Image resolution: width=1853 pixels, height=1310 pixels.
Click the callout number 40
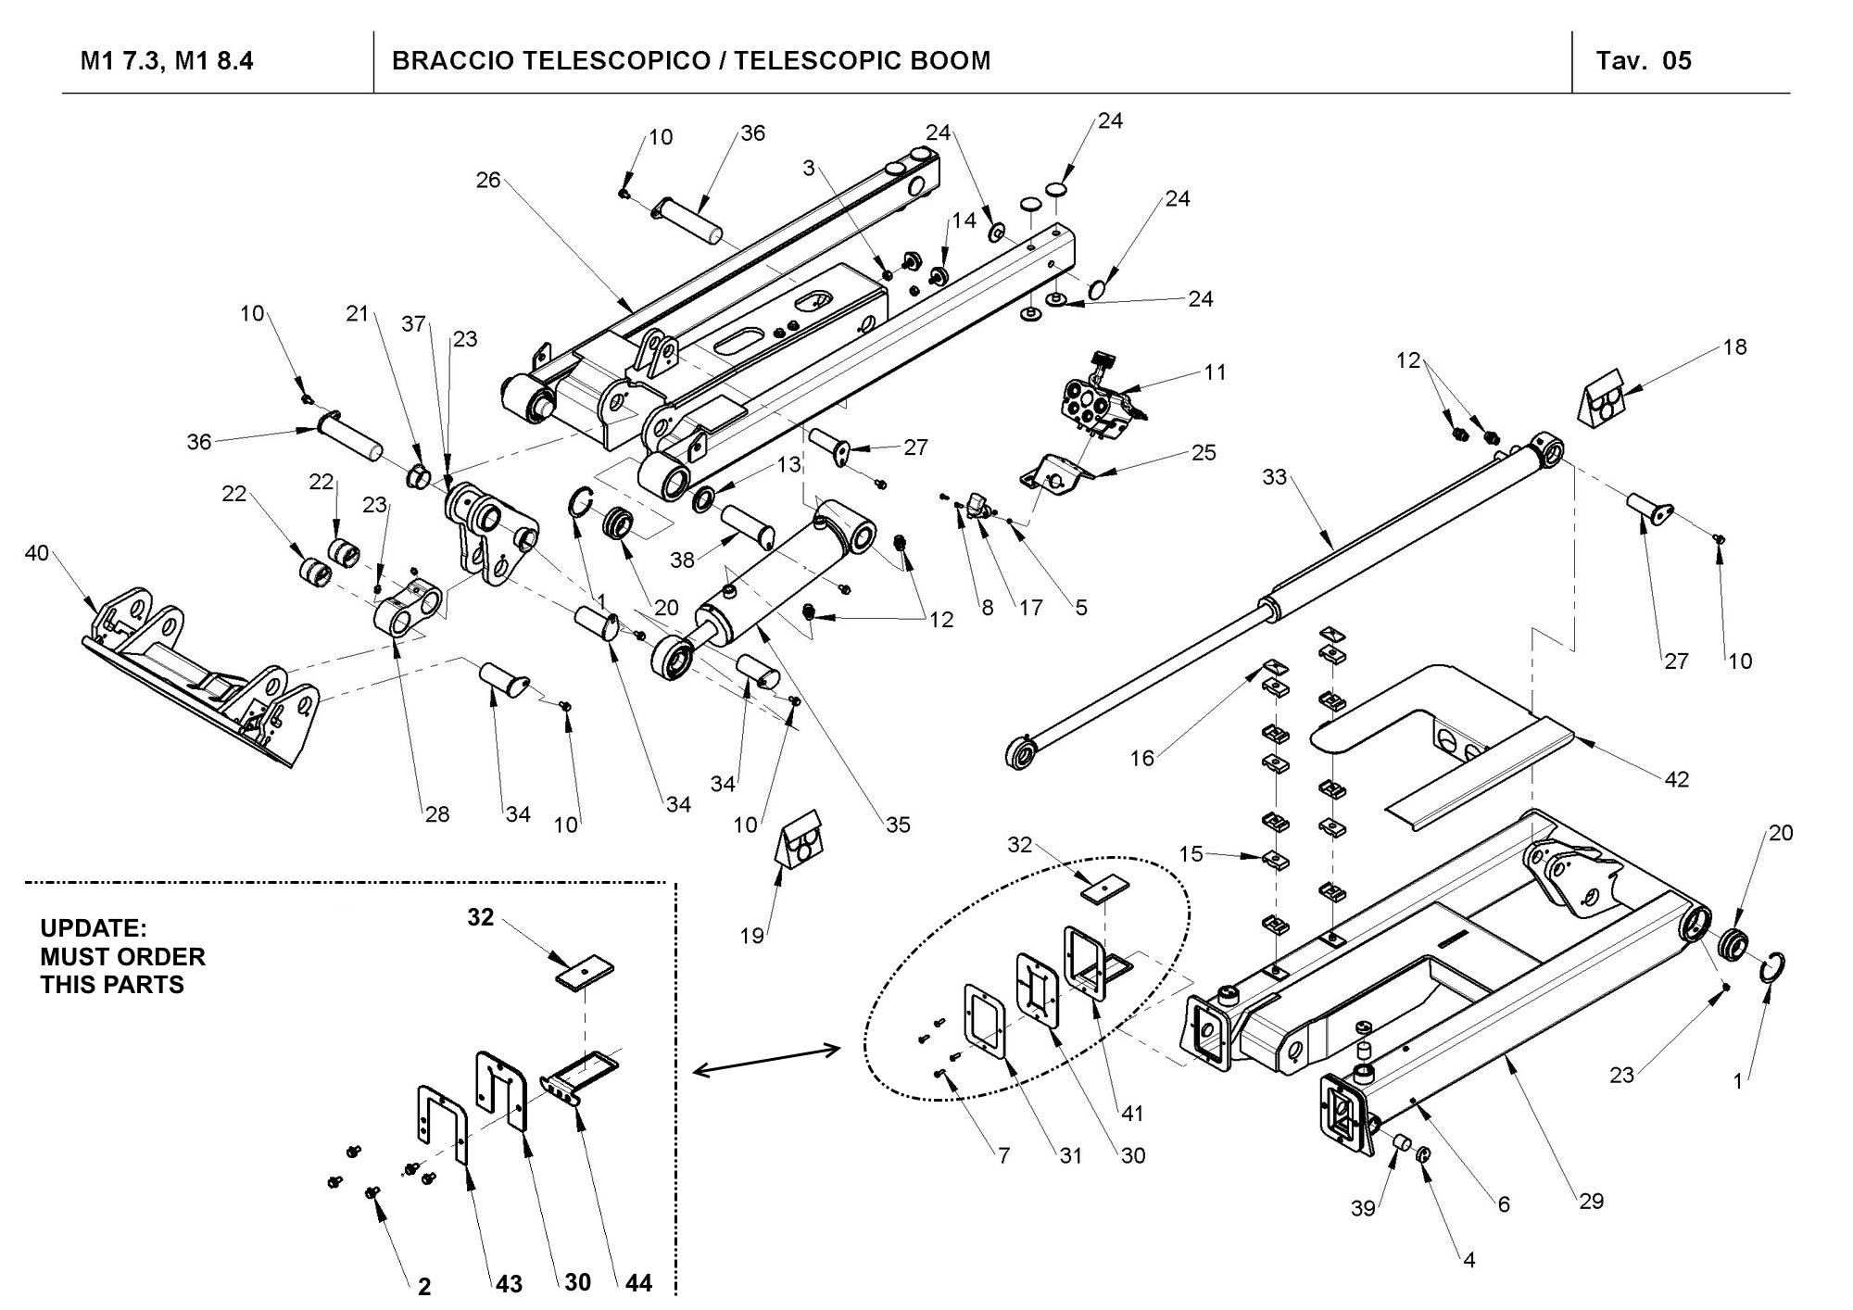[x=36, y=553]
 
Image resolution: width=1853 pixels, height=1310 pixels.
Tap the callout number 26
[x=488, y=180]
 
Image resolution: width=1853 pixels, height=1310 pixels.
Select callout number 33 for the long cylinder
[x=1275, y=477]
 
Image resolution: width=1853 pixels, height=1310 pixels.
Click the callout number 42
[x=1676, y=779]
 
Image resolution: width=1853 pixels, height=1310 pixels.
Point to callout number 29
[x=1591, y=1201]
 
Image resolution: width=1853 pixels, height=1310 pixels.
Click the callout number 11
[x=1215, y=372]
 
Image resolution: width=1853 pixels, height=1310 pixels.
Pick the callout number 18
[x=1734, y=346]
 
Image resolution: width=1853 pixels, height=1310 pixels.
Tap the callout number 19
[x=752, y=936]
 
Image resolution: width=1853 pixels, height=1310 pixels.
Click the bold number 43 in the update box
[x=509, y=1284]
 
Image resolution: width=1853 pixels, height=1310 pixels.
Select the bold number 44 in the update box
[x=638, y=1283]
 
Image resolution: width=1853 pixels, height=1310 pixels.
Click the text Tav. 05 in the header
[x=1644, y=61]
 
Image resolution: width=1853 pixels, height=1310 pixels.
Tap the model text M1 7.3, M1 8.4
[x=167, y=61]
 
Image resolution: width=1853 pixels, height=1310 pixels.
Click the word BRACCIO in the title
[x=451, y=61]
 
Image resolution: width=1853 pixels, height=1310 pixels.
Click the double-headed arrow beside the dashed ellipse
[x=765, y=1060]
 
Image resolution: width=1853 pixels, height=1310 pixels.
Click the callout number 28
[x=436, y=813]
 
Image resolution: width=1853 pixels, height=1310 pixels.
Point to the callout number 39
[x=1363, y=1210]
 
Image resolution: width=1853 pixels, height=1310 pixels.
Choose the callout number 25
[x=1204, y=452]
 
